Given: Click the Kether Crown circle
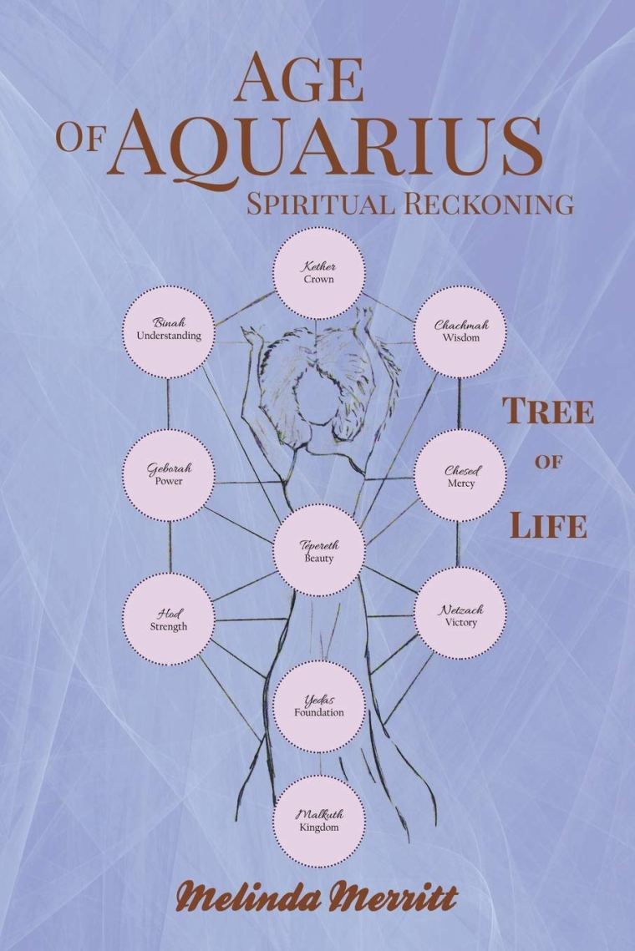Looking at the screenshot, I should (320, 272).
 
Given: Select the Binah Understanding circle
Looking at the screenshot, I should (169, 329).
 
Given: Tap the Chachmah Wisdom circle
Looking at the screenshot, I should (460, 331).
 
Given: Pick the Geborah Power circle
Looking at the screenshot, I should (169, 474).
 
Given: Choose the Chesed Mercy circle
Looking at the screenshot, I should (460, 476).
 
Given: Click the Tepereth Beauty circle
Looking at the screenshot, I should (320, 550).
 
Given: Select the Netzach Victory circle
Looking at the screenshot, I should (460, 615).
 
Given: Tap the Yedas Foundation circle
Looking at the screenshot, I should (320, 706).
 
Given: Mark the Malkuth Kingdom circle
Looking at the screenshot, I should (320, 819).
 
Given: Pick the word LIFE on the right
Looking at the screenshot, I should (547, 528).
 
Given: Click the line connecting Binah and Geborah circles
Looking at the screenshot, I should (169, 402).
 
